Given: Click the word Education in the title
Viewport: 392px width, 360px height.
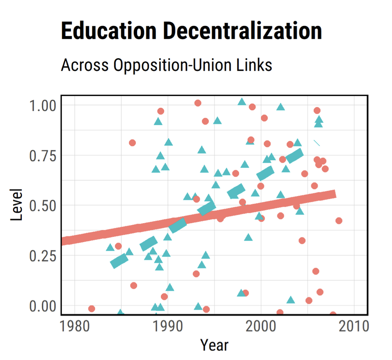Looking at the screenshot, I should [x=106, y=31].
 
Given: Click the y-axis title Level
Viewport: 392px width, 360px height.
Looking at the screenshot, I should [x=17, y=205].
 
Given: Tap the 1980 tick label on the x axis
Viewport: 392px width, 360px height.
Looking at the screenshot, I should [x=75, y=326].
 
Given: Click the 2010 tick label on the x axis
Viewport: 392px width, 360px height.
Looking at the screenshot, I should [x=354, y=326].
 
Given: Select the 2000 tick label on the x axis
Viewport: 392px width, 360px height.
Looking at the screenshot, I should [x=261, y=326].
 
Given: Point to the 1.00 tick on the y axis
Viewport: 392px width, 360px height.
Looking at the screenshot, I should [x=42, y=106].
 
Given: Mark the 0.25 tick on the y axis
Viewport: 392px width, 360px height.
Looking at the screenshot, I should [x=42, y=255].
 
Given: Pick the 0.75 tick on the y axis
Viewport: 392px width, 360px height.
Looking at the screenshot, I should [x=42, y=156].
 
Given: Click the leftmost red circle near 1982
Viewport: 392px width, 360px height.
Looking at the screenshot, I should [x=92, y=309].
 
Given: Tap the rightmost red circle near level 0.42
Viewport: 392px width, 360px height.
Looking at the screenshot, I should [x=339, y=221].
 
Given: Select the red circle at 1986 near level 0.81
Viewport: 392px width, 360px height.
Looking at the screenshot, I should [x=132, y=143].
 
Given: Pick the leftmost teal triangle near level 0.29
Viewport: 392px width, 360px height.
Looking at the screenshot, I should [x=110, y=247].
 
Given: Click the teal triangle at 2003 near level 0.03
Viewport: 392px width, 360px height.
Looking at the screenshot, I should [x=291, y=300].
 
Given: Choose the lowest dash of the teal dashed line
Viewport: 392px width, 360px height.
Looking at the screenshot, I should [x=119, y=261].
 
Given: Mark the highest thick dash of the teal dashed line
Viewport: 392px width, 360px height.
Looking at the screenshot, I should [x=294, y=155].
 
